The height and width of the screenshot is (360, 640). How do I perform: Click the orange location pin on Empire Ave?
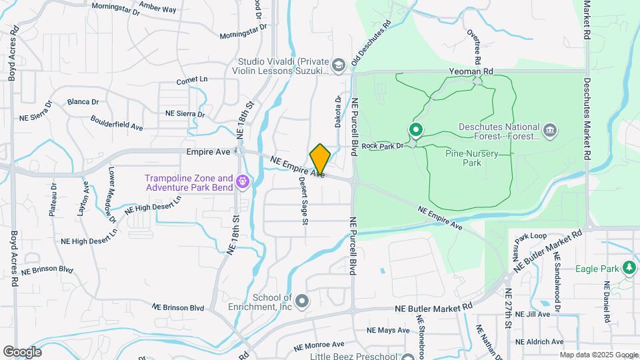[x=320, y=159]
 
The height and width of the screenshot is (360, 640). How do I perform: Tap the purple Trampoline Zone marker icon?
[x=243, y=181]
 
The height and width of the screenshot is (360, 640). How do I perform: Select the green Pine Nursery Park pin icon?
[x=416, y=130]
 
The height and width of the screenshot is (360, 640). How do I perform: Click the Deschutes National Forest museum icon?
[x=550, y=129]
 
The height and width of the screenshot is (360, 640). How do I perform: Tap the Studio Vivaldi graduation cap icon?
[x=339, y=65]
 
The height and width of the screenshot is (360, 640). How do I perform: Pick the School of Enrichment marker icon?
[x=302, y=302]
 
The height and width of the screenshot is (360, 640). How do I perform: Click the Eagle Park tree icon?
[x=628, y=268]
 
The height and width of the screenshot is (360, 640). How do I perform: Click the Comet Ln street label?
[x=192, y=80]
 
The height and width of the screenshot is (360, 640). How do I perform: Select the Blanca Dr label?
[x=83, y=102]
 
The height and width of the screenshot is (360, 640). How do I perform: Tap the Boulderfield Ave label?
[x=117, y=122]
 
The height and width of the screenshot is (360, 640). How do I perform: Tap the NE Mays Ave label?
[x=389, y=330]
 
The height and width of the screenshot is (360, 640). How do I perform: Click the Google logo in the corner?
[x=22, y=351]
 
